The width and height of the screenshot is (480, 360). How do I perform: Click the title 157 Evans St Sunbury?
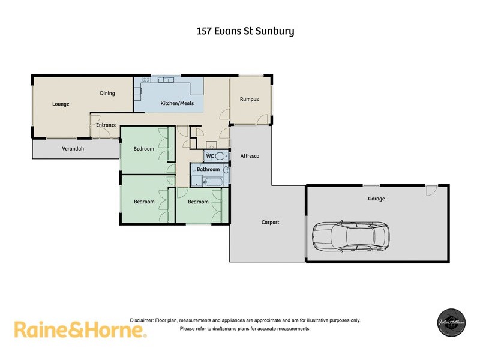tap(245, 30)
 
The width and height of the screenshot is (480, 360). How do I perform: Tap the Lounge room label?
tap(61, 104)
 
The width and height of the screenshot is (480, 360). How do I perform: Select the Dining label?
tap(107, 93)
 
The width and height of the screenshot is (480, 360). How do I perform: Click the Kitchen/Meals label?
tap(178, 103)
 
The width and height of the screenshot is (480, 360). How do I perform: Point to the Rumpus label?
tap(249, 99)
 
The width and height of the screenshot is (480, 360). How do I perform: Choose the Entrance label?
tap(106, 125)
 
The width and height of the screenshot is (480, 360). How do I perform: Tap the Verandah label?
tap(73, 149)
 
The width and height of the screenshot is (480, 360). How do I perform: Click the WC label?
tap(209, 156)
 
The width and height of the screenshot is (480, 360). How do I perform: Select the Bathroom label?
tap(208, 169)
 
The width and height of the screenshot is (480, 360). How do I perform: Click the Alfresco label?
tap(250, 156)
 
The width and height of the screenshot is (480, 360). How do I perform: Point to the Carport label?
tap(271, 222)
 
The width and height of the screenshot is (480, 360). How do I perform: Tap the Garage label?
tap(376, 199)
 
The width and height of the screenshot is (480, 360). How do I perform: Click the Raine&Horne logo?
tap(80, 329)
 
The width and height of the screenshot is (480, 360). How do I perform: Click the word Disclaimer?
tap(142, 320)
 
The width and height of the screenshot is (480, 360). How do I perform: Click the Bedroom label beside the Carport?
tap(198, 202)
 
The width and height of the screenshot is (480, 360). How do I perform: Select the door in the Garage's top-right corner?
tap(430, 190)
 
